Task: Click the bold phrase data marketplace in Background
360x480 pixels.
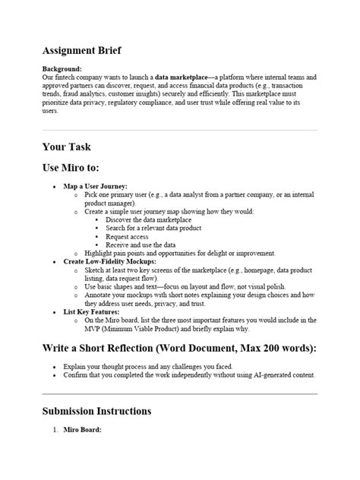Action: (x=183, y=77)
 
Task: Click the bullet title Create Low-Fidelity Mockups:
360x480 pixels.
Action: (x=111, y=261)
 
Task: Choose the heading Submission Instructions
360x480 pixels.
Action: (x=96, y=411)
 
